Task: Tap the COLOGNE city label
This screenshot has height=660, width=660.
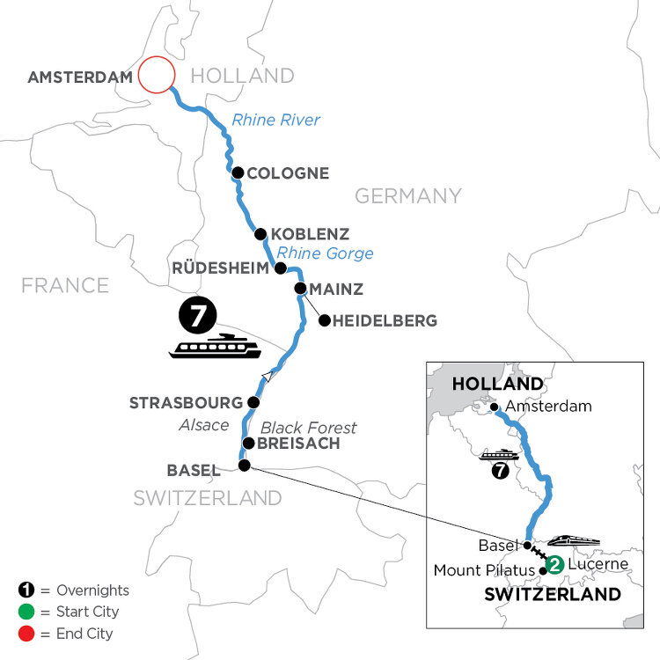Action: [x=289, y=173]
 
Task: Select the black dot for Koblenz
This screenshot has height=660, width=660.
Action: [x=260, y=234]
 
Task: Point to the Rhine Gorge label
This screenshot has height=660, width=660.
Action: [x=314, y=253]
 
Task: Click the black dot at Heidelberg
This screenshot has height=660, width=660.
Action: [x=324, y=321]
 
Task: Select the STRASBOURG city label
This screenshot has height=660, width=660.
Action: [x=185, y=403]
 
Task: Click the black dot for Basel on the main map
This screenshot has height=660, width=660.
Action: [x=245, y=466]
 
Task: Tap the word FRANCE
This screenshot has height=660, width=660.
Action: [x=65, y=285]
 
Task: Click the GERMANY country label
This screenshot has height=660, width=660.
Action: [x=407, y=195]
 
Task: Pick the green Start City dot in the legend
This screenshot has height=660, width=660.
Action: [x=24, y=612]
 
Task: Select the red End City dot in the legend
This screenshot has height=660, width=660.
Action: [x=24, y=633]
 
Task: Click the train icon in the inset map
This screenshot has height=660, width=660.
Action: [x=575, y=540]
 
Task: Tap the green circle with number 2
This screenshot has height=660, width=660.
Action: [x=554, y=564]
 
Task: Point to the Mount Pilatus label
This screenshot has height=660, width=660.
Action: [x=484, y=571]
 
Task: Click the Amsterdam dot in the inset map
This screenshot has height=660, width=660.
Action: [x=495, y=407]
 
